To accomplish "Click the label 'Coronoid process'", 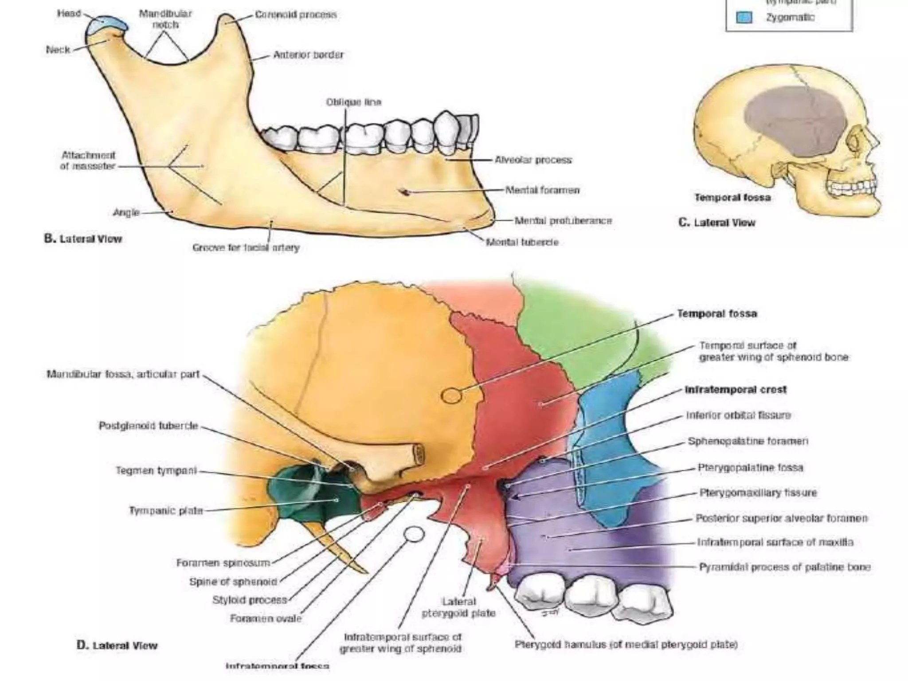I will pos(296,15).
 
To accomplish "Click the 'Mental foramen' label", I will pos(542,190).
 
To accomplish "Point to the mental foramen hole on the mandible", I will pos(404,192).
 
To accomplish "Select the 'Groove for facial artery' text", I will pos(246,248).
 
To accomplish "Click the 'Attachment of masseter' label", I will pos(88,160).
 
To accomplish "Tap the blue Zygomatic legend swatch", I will pos(744,18).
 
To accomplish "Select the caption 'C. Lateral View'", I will pos(716,223).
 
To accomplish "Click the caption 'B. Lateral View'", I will pos(83,239).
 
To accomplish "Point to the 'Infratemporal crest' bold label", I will pos(736,390).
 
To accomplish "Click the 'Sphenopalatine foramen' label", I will pos(748,441).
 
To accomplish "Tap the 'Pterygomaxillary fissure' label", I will pos(758,493).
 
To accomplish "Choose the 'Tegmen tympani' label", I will pos(156,470).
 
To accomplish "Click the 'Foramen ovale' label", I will pos(266,618).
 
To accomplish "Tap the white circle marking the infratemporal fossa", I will pos(415,534).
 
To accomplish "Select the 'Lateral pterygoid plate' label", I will pos(458,607).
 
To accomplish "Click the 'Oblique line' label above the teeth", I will pos(353,102).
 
